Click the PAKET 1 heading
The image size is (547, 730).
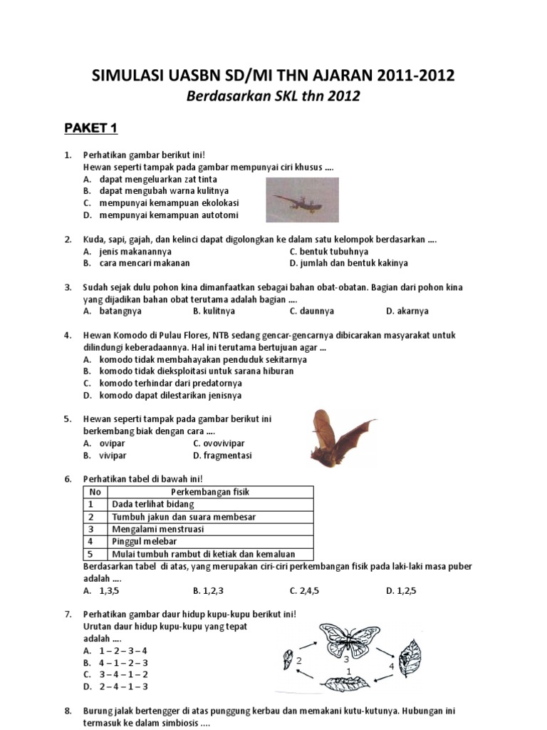(x=90, y=128)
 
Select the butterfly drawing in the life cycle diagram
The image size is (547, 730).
(x=349, y=640)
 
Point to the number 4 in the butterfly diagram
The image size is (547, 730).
(x=391, y=666)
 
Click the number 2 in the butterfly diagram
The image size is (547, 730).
(x=300, y=661)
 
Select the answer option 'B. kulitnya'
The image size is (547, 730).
(x=214, y=311)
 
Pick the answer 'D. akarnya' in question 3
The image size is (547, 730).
(x=407, y=311)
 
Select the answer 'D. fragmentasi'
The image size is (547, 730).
(x=222, y=456)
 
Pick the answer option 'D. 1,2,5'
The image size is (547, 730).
(x=404, y=590)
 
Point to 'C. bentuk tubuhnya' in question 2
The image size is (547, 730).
(x=329, y=252)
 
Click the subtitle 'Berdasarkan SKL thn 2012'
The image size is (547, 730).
(x=273, y=96)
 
